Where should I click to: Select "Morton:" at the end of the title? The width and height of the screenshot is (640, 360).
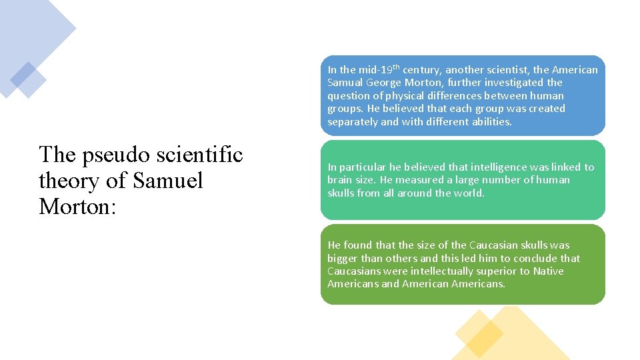click(78, 207)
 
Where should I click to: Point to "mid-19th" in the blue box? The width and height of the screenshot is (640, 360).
click(379, 69)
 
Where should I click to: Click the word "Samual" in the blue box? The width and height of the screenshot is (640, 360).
click(345, 83)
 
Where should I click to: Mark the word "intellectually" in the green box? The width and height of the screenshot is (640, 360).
click(435, 271)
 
